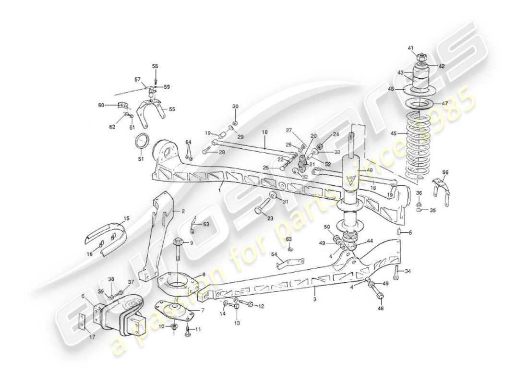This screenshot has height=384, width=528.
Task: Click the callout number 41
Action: (410, 48)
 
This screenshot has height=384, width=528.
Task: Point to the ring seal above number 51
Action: (143, 141)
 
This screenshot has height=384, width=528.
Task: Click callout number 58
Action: (155, 66)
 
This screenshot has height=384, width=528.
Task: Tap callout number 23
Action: (270, 218)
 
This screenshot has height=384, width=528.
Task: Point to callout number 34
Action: (408, 272)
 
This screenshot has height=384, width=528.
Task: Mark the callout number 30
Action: (235, 106)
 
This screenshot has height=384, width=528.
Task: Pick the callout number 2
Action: (183, 211)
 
